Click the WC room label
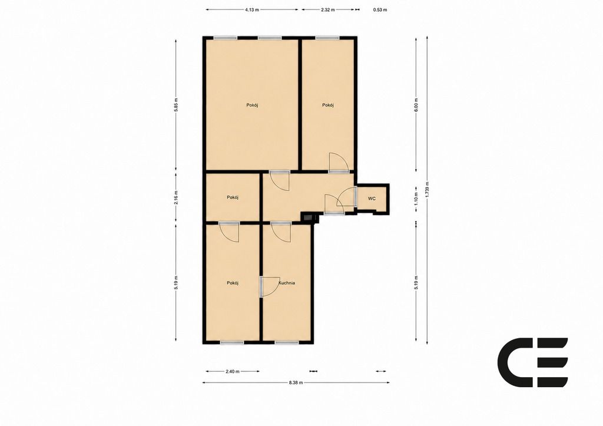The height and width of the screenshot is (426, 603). point(372,199)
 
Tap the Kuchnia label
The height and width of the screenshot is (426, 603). point(287,283)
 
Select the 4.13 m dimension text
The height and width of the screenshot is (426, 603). point(252,10)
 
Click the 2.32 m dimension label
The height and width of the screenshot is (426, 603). point(328,10)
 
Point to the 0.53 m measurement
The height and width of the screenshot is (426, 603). point(380,10)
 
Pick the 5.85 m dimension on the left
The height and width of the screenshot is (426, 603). point(176,104)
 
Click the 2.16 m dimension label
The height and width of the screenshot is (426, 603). point(176,197)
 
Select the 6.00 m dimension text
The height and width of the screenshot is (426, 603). point(416,105)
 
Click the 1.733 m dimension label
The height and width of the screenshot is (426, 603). point(428,189)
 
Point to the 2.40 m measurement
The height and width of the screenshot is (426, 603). point(233,372)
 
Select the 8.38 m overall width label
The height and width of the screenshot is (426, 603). point(296,382)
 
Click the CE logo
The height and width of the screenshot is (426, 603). point(532,362)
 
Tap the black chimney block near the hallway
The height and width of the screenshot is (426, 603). point(309,218)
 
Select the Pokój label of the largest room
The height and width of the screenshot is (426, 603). point(252,105)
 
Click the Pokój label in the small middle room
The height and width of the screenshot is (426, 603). point(233,197)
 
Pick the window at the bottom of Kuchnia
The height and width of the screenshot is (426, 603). point(287,342)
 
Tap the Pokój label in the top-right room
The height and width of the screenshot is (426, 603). point(327,105)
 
